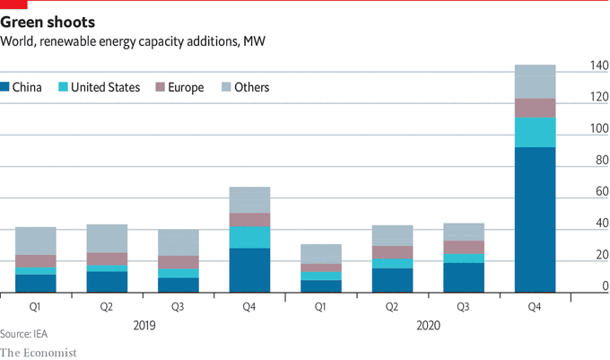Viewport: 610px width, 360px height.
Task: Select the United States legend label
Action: coord(105,87)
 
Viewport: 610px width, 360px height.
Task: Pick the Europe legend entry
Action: coord(180,87)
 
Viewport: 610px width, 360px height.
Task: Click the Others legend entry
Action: coord(245,87)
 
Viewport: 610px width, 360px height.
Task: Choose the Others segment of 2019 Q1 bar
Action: coord(35,241)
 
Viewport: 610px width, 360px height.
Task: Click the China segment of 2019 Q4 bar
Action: coord(249,270)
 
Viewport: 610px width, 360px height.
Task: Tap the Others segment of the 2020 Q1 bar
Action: coord(320,253)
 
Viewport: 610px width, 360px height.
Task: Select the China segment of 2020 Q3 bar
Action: coord(463,277)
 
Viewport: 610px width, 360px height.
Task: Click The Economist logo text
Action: coord(38,352)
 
